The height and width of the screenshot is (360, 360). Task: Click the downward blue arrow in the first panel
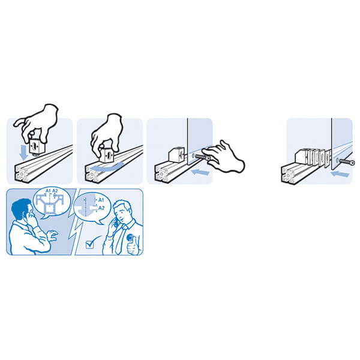point(23,152)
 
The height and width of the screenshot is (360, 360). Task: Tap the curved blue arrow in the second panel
point(107,167)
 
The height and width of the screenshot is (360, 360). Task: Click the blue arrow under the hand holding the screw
point(200,172)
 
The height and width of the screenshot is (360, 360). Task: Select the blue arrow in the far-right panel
point(340,174)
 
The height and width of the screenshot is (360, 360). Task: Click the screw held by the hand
point(203,157)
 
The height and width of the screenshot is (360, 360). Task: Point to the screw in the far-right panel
point(347,162)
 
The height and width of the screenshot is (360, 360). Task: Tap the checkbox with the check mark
point(89,244)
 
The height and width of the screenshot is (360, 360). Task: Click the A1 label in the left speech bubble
point(48,191)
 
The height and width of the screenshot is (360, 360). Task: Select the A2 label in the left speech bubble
point(55,191)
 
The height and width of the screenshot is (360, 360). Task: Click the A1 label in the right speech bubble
point(101,200)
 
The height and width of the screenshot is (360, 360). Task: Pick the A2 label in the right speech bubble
point(101,208)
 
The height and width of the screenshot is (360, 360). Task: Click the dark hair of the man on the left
point(20,208)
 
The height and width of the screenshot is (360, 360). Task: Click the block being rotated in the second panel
point(107,155)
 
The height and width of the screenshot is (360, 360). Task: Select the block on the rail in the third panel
point(176,155)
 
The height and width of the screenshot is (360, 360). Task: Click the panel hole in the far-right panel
point(337,160)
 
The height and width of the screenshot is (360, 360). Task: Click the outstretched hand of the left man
point(52,236)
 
